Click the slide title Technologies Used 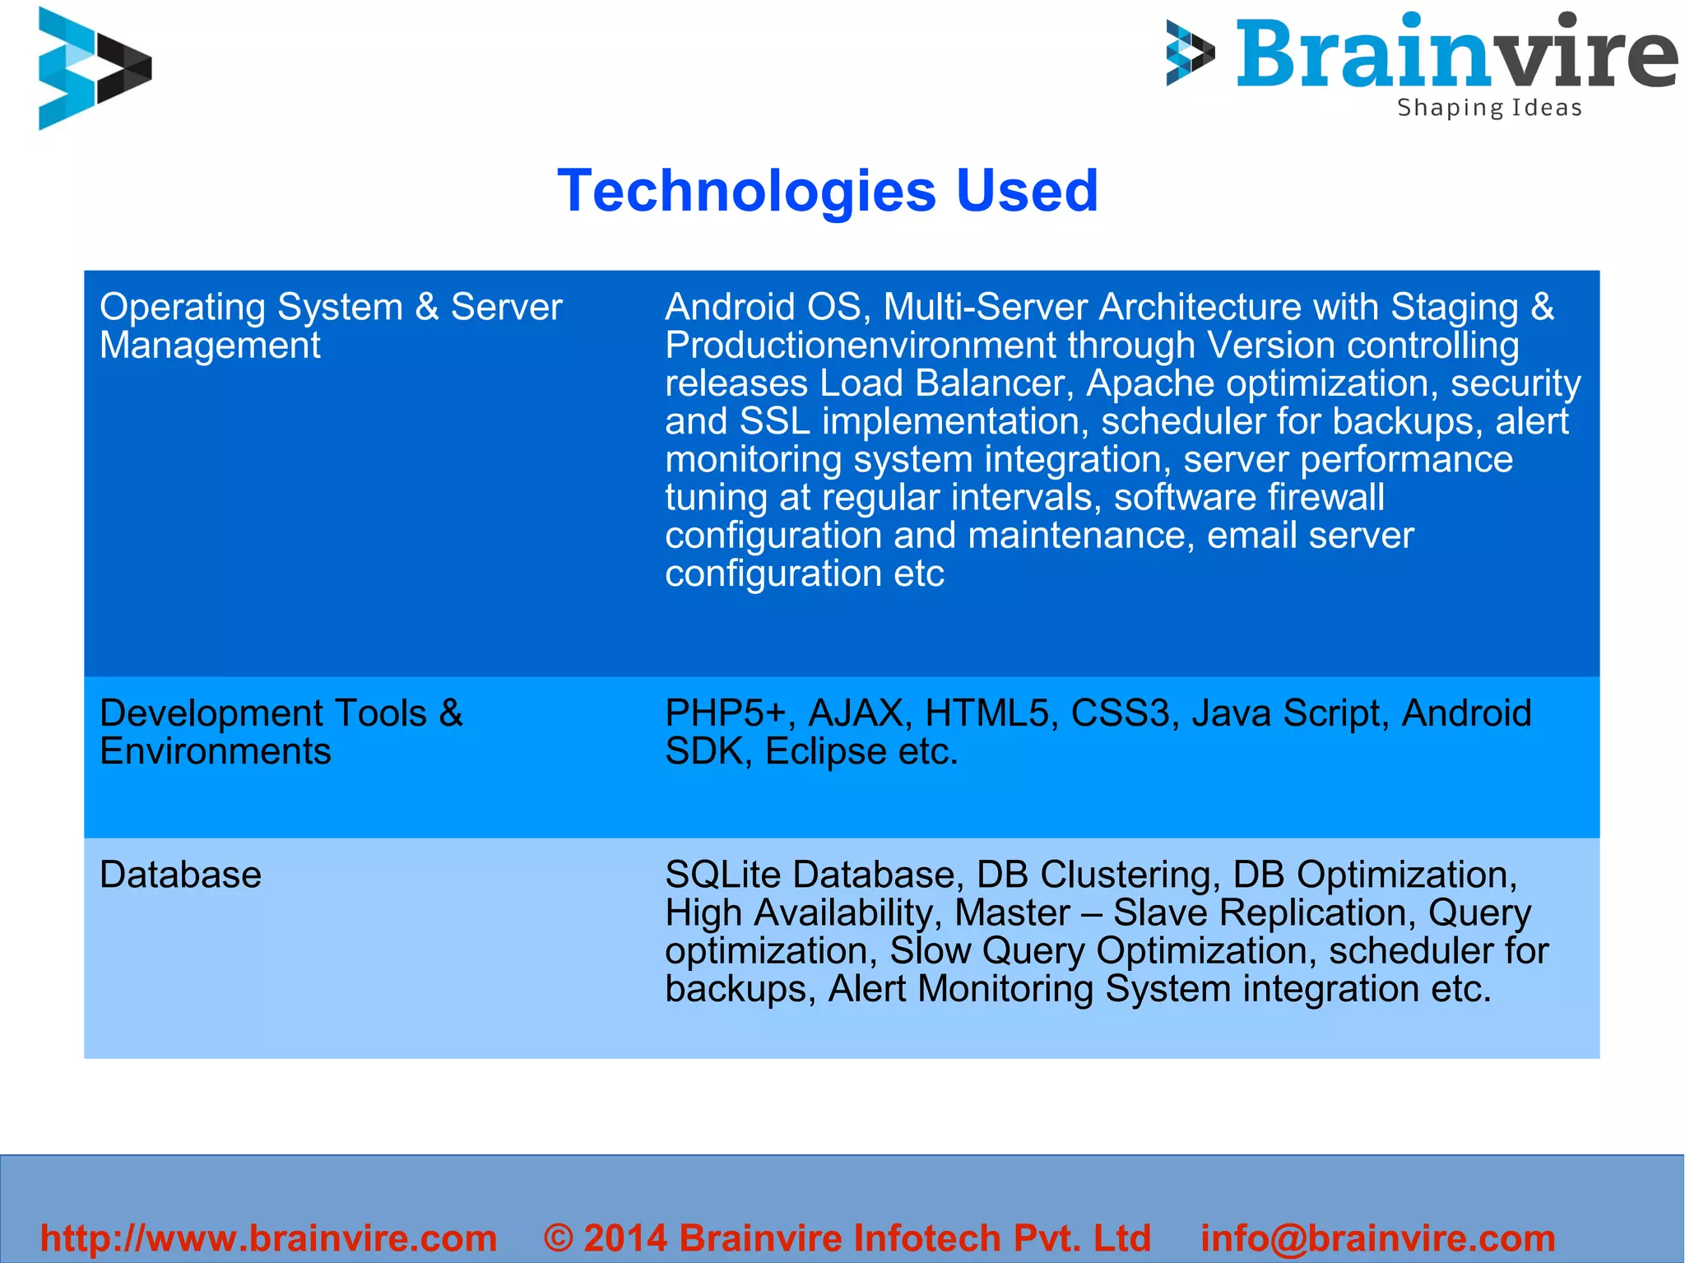(x=828, y=191)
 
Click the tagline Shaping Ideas (x=1489, y=108)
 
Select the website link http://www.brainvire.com (x=269, y=1237)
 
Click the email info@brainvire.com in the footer (x=1378, y=1237)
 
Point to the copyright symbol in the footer (x=559, y=1237)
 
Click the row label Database (x=180, y=874)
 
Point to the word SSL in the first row (x=774, y=421)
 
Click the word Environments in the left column (x=215, y=751)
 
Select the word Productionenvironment (x=860, y=346)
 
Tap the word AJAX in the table (x=856, y=713)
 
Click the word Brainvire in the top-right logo (x=1456, y=53)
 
